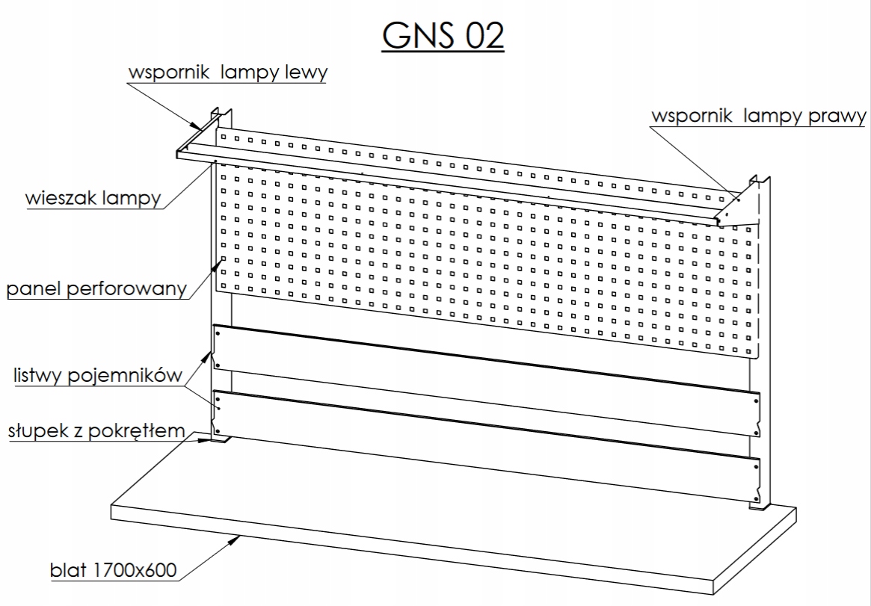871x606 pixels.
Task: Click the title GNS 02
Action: [443, 35]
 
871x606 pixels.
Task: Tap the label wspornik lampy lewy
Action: [228, 74]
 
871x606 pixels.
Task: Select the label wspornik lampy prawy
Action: [758, 117]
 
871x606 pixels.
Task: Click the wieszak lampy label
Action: [93, 200]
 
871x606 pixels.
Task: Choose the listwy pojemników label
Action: [97, 375]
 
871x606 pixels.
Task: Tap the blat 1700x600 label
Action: [113, 572]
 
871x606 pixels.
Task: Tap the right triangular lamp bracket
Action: [736, 215]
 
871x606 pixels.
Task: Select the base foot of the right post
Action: [759, 507]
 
